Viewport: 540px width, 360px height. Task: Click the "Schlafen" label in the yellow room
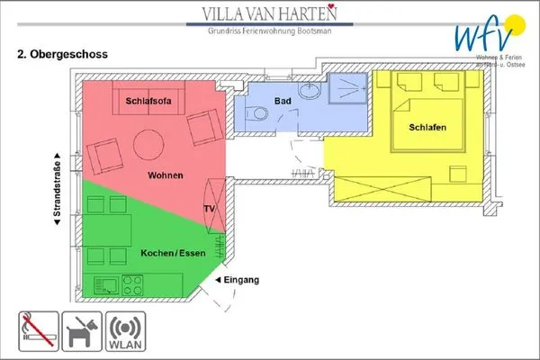click(x=427, y=128)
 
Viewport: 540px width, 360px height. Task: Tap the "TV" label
click(x=209, y=209)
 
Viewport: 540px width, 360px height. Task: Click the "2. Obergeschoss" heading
click(x=63, y=55)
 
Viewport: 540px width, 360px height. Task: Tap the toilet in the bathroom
click(x=253, y=114)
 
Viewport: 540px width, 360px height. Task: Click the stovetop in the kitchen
click(x=133, y=287)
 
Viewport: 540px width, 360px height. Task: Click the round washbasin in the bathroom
click(x=310, y=90)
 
